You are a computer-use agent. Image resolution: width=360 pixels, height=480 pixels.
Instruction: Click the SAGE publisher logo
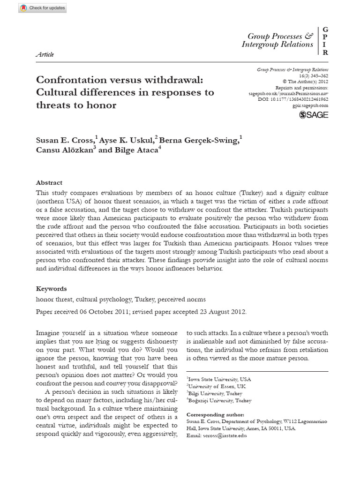pyautogui.click(x=314, y=114)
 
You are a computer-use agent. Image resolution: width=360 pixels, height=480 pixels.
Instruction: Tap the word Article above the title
pyautogui.click(x=45, y=54)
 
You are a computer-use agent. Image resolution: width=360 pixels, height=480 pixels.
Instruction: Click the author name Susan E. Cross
pyautogui.click(x=65, y=140)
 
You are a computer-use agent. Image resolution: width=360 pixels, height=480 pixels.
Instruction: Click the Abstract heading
pyautogui.click(x=49, y=183)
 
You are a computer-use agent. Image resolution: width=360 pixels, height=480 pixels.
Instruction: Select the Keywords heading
pyautogui.click(x=52, y=289)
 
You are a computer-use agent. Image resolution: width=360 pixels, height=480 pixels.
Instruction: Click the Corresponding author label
pyautogui.click(x=215, y=415)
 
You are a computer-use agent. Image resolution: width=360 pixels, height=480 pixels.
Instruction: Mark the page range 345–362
pyautogui.click(x=319, y=75)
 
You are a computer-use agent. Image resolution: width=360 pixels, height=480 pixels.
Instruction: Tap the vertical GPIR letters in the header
pyautogui.click(x=325, y=41)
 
